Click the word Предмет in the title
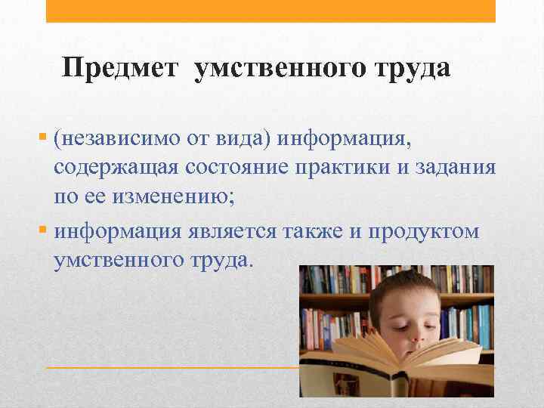point(121,69)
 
